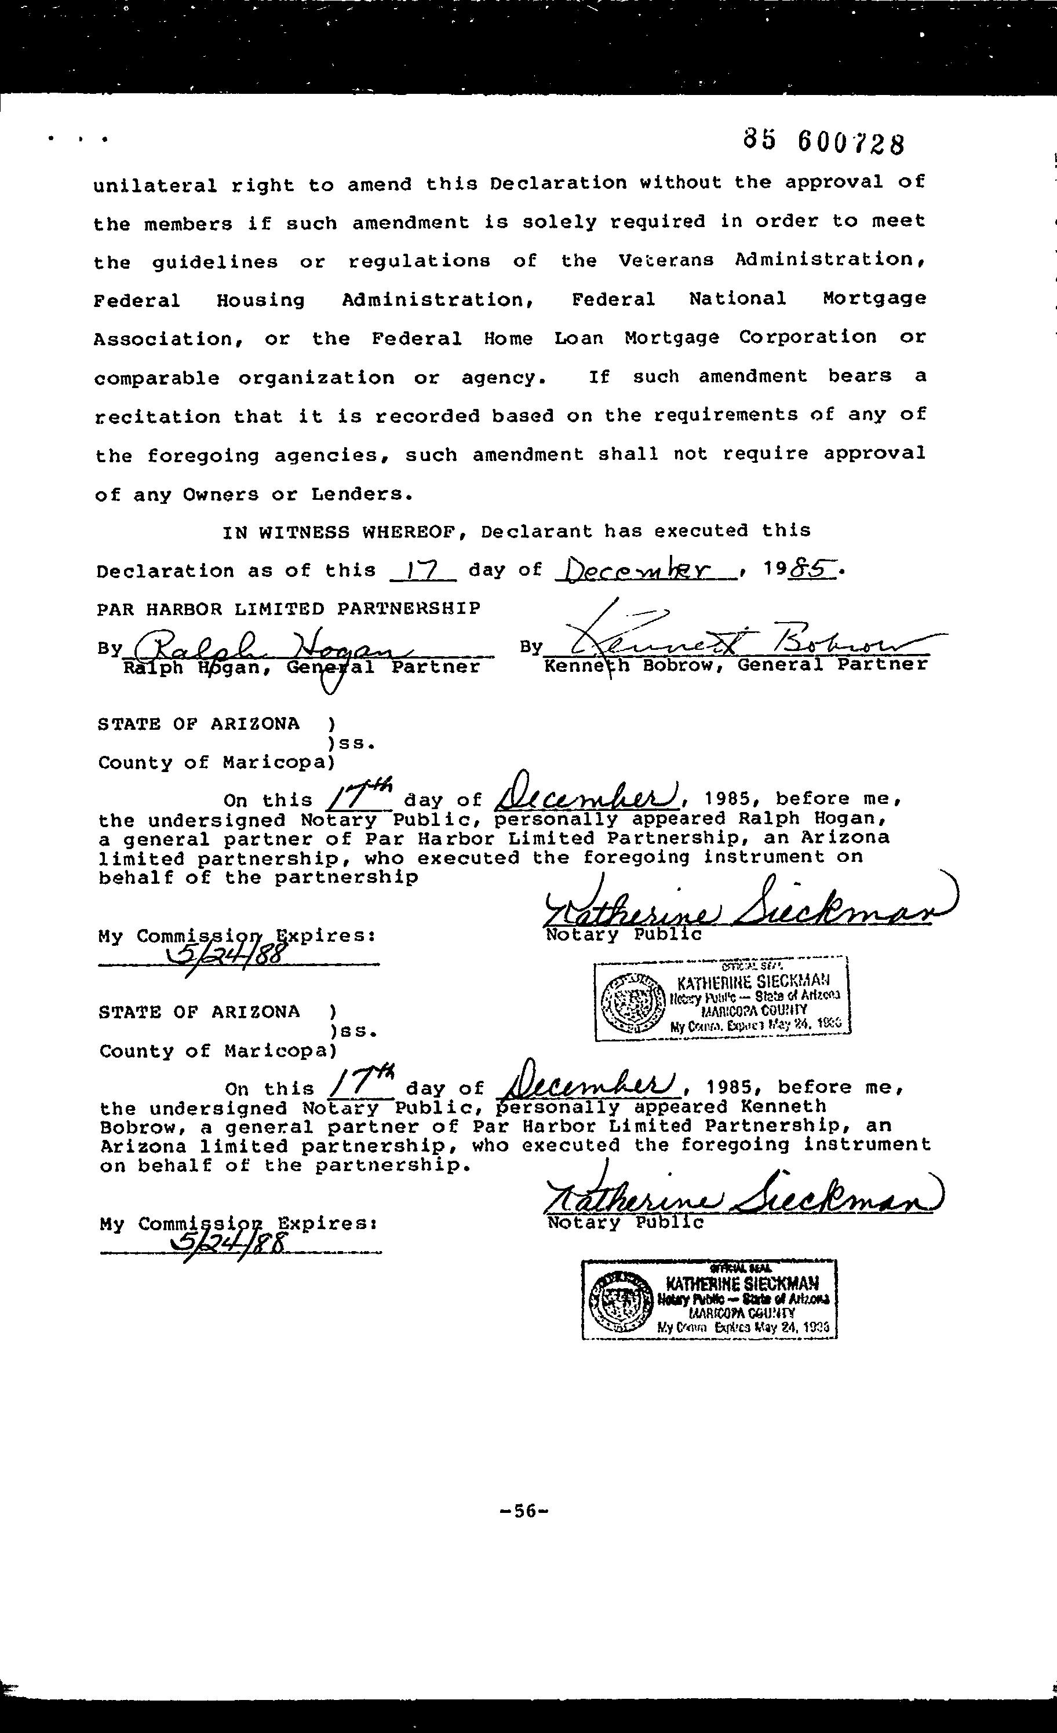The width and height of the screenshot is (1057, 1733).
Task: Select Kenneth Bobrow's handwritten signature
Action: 746,633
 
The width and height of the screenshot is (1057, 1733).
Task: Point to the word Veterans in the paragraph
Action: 666,261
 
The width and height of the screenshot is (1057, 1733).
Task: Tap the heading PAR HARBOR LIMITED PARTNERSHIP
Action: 289,608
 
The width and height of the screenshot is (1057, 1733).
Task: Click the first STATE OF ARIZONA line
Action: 199,725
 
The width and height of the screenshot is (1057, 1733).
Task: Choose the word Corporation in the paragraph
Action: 807,338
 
